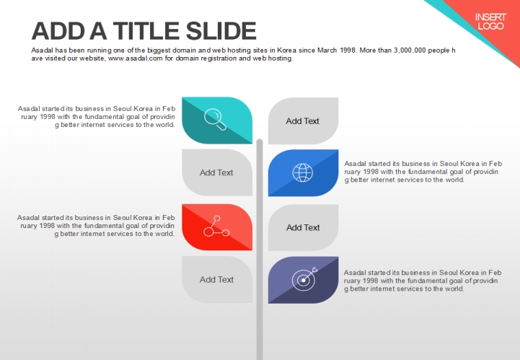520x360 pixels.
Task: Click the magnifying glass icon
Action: [215, 120]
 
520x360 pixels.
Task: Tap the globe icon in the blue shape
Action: [302, 172]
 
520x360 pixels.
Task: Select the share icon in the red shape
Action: [216, 227]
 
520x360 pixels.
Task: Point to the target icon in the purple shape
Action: [304, 279]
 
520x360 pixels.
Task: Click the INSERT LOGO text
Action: [490, 22]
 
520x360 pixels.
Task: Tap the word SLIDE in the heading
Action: [221, 30]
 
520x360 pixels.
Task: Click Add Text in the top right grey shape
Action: [302, 121]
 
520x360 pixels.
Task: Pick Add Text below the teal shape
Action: [216, 172]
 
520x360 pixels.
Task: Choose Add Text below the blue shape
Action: [303, 227]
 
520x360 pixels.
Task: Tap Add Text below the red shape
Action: [216, 280]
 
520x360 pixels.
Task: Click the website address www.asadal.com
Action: [136, 58]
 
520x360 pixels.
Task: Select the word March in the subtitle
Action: [327, 51]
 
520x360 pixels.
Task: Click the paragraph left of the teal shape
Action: [97, 117]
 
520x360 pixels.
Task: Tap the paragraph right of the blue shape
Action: [423, 172]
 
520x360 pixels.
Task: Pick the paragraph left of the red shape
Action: [96, 226]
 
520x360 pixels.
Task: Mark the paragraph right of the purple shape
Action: [423, 281]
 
